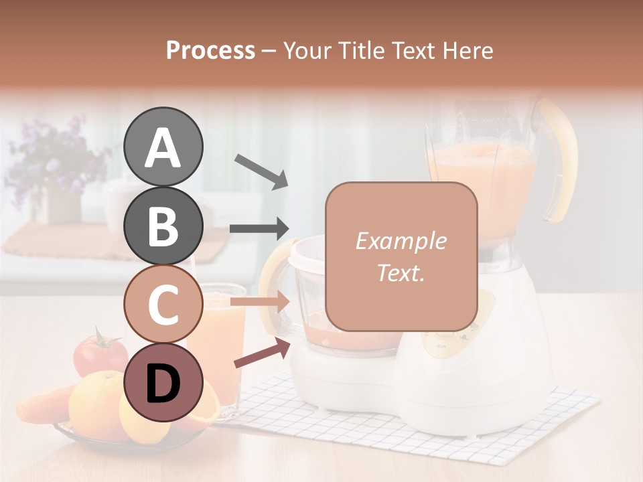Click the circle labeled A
click(163, 147)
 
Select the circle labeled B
click(163, 226)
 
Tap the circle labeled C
click(163, 304)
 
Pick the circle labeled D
click(163, 382)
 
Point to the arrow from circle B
click(259, 229)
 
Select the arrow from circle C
click(259, 303)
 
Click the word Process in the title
click(210, 50)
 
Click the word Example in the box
click(401, 241)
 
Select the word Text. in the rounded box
click(401, 272)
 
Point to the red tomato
click(100, 353)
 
